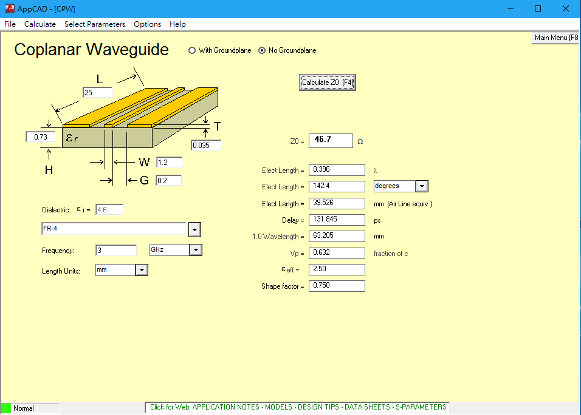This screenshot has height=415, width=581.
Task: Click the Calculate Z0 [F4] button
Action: pos(327,83)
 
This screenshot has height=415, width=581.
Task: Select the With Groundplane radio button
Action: pos(192,50)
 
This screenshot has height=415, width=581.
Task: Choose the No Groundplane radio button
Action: pos(262,50)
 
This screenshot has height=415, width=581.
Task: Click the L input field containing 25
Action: pos(97,92)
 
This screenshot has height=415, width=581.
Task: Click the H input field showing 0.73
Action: pos(40,137)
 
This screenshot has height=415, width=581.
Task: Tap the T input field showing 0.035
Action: pos(206,146)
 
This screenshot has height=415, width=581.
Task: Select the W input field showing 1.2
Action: pos(169,163)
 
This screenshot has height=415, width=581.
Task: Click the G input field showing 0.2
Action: pos(168,180)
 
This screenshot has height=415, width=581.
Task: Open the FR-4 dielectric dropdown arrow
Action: pos(194,230)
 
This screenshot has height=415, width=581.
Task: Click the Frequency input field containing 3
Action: pos(116,251)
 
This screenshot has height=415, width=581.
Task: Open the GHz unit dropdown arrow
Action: pos(196,250)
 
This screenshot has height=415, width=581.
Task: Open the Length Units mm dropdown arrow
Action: pos(142,270)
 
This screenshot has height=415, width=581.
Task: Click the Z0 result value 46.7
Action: pos(331,141)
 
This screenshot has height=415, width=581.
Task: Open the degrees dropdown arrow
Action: pos(422,186)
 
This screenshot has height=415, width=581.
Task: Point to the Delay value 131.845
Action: pos(337,220)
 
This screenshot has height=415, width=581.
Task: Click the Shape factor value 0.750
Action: pos(337,286)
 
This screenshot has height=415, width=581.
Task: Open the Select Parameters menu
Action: pos(95,24)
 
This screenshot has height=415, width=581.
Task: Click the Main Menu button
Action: pos(555,38)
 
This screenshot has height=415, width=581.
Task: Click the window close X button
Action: pos(565,9)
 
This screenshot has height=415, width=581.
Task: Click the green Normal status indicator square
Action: pos(6,408)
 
